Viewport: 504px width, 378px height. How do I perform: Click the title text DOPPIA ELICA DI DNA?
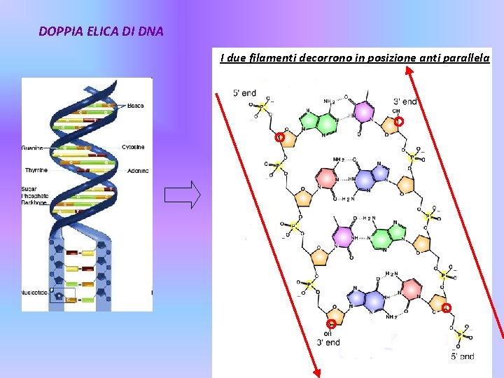click(101, 31)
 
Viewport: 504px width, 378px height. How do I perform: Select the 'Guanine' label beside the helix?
click(32, 148)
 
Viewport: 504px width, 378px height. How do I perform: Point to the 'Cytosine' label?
click(133, 147)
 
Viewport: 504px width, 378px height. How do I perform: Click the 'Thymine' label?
click(36, 170)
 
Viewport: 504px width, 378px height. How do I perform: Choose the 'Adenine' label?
click(137, 171)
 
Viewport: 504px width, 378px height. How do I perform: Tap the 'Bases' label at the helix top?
click(136, 106)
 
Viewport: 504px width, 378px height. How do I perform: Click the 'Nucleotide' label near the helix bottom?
click(34, 292)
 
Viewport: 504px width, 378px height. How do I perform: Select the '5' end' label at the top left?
click(244, 93)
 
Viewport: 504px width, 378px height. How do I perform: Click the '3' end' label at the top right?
click(405, 101)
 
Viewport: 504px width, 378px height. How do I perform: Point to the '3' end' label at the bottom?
click(328, 342)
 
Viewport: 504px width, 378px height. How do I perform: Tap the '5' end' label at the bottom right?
click(462, 356)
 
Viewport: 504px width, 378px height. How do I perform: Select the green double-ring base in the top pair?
click(318, 123)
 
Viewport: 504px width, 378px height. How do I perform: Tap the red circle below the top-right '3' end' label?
click(398, 122)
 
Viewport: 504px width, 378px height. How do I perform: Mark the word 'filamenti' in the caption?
click(271, 58)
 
